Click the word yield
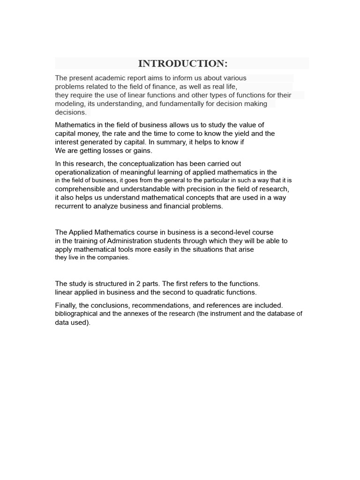(x=239, y=134)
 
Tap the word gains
(x=141, y=151)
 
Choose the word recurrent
(x=69, y=206)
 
